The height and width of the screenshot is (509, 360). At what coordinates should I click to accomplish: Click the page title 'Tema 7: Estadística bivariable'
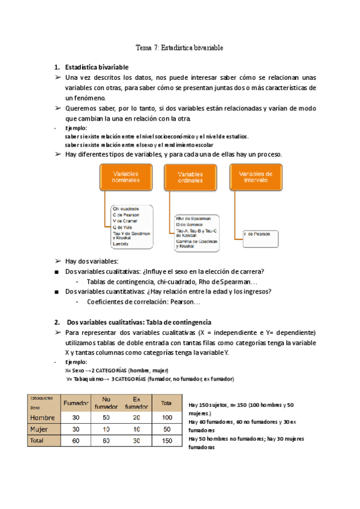click(x=179, y=47)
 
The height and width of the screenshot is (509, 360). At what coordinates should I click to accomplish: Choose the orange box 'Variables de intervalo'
click(x=256, y=176)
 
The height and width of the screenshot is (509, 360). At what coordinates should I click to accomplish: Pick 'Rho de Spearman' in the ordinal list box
click(x=193, y=219)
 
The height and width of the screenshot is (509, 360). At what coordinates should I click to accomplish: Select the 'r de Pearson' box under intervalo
click(x=260, y=233)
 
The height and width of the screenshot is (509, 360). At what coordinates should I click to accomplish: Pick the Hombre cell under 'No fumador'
click(x=106, y=417)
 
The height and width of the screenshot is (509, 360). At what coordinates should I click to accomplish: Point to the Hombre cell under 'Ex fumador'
click(x=136, y=417)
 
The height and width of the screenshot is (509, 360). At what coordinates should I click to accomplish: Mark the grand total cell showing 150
click(x=167, y=441)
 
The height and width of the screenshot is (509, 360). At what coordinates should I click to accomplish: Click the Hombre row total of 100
click(x=167, y=417)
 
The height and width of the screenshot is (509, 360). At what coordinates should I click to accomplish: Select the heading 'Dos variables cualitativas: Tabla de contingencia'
click(x=139, y=322)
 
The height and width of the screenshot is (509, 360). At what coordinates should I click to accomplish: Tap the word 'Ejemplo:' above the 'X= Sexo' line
click(x=77, y=363)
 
